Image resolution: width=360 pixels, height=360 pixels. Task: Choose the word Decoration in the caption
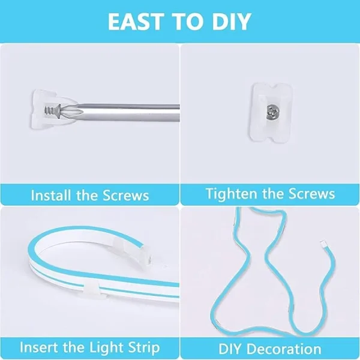[284, 349]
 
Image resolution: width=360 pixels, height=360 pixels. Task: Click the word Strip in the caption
[144, 348]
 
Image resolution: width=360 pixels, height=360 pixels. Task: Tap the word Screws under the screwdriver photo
[126, 196]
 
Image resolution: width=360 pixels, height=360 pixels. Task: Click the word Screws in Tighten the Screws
[311, 194]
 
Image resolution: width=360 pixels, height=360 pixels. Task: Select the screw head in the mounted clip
[272, 112]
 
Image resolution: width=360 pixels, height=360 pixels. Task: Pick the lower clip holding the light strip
[92, 290]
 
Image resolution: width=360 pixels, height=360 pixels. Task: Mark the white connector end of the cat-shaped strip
[324, 244]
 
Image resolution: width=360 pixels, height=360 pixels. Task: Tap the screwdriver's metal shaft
[128, 113]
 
